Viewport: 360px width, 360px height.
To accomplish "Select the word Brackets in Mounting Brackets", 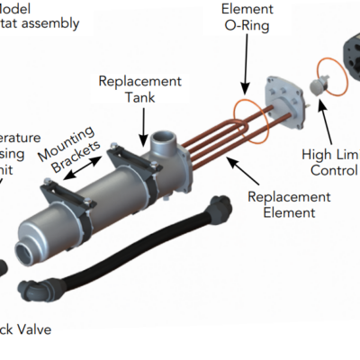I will [67, 157].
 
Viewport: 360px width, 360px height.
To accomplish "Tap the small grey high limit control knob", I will [317, 86].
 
